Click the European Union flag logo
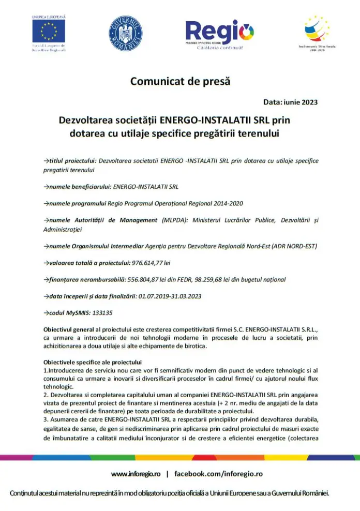tap(49, 32)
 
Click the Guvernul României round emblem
tap(125, 34)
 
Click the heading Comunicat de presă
tap(179, 81)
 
